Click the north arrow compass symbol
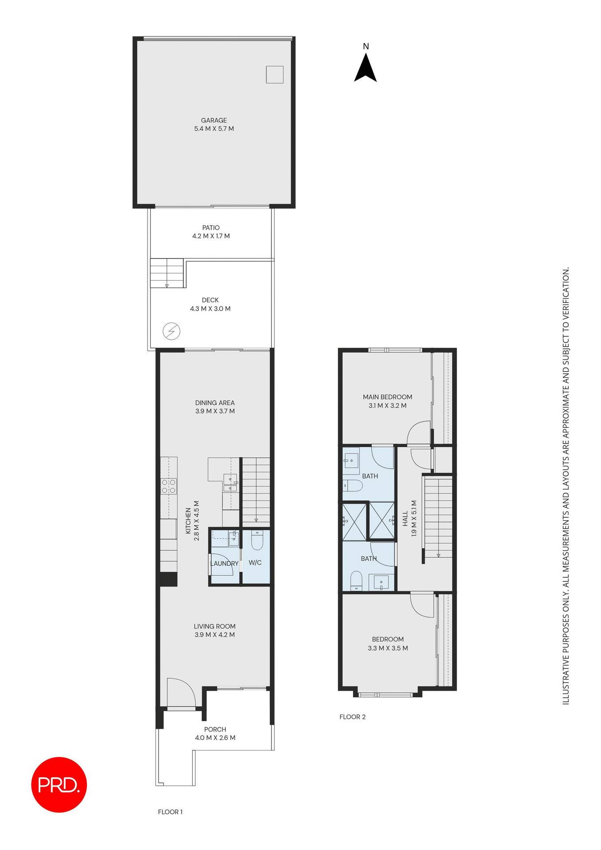pyautogui.click(x=365, y=69)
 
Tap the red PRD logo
pyautogui.click(x=59, y=784)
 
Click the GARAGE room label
pyautogui.click(x=214, y=120)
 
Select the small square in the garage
pyautogui.click(x=275, y=74)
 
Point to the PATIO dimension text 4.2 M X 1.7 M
pyautogui.click(x=211, y=236)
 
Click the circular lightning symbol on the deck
pyautogui.click(x=171, y=331)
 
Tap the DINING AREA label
pyautogui.click(x=215, y=403)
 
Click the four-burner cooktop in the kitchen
pyautogui.click(x=169, y=486)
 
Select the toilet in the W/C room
pyautogui.click(x=257, y=540)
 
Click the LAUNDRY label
pyautogui.click(x=224, y=564)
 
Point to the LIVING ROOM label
pyautogui.click(x=214, y=626)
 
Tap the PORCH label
pyautogui.click(x=215, y=729)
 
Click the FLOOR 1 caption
pyautogui.click(x=170, y=811)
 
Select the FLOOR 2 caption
pyautogui.click(x=353, y=717)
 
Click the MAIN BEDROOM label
pyautogui.click(x=388, y=397)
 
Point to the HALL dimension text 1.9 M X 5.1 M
pyautogui.click(x=414, y=518)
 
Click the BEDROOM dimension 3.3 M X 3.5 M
pyautogui.click(x=388, y=648)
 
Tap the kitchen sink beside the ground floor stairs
pyautogui.click(x=230, y=483)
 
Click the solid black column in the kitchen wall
pyautogui.click(x=168, y=579)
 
